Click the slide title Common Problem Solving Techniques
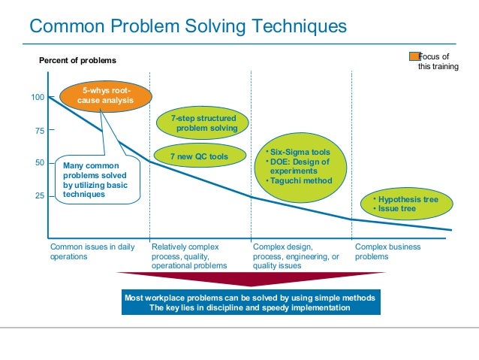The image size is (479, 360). [x=188, y=27]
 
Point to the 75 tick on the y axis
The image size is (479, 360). [x=39, y=131]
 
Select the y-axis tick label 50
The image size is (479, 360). [x=39, y=162]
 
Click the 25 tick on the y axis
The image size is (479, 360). [x=39, y=195]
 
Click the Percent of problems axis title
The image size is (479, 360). [x=78, y=60]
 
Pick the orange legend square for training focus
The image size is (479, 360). [x=413, y=56]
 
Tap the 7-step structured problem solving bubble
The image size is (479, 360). [x=204, y=124]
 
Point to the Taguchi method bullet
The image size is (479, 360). [x=300, y=180]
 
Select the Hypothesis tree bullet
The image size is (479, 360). [x=405, y=199]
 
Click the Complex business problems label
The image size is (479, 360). [x=387, y=251]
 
